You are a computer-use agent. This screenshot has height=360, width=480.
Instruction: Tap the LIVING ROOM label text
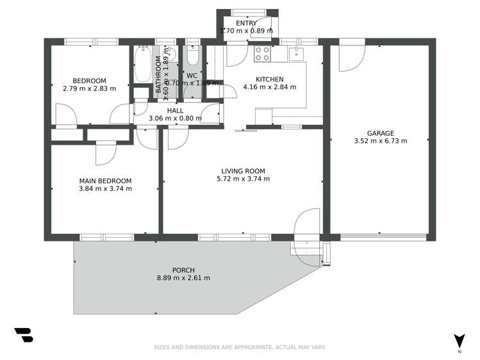click(243, 171)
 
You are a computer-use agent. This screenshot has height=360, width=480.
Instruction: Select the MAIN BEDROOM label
click(105, 181)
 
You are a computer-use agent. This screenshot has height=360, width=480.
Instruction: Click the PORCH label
click(183, 270)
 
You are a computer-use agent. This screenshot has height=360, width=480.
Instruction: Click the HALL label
click(175, 110)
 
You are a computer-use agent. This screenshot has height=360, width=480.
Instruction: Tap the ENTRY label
click(246, 23)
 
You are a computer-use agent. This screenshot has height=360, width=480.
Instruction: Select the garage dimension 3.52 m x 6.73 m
click(380, 141)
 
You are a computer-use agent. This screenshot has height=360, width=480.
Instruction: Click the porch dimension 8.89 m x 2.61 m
click(183, 278)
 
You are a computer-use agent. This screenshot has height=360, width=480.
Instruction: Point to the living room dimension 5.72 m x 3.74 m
click(243, 179)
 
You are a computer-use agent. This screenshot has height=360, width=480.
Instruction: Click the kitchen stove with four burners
click(262, 54)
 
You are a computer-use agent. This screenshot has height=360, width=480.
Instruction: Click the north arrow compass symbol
click(459, 342)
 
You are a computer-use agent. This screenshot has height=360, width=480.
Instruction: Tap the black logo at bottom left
click(23, 335)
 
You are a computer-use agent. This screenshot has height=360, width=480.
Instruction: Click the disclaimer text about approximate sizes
click(240, 347)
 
